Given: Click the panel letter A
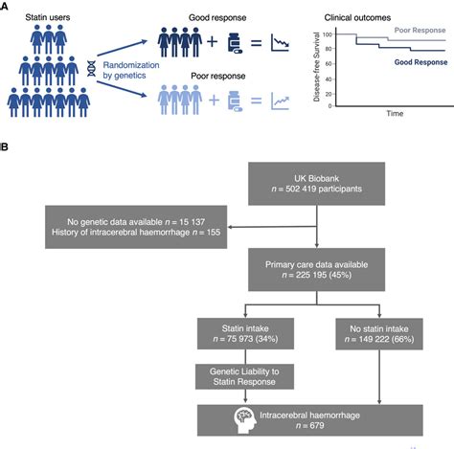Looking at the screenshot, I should tap(5, 5).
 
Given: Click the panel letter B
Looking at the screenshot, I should tap(5, 149).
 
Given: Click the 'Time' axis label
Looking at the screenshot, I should tap(393, 113).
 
